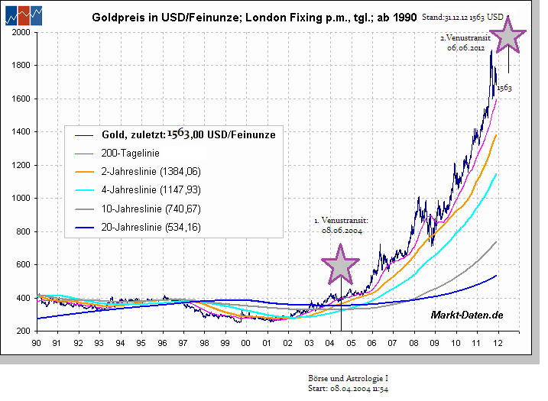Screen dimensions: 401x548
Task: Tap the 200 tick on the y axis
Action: (x=21, y=331)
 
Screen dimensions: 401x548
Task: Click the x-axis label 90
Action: (x=37, y=343)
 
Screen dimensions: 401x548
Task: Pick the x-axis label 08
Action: (x=413, y=343)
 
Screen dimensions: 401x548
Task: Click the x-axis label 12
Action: (x=497, y=343)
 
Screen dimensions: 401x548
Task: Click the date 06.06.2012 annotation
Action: (x=466, y=47)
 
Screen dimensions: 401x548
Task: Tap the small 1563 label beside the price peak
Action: (x=504, y=88)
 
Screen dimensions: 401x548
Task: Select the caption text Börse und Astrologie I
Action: (x=343, y=379)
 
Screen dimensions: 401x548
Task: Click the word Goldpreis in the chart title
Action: (x=116, y=16)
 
